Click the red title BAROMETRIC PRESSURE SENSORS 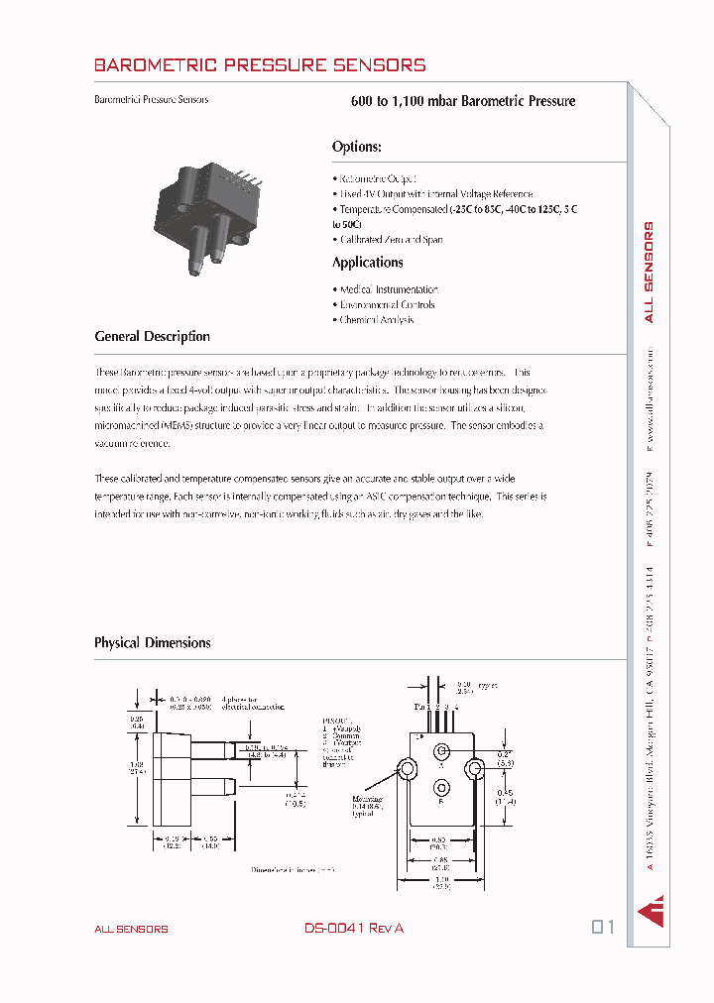[x=260, y=65]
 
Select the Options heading [x=356, y=147]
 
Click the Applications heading [x=367, y=263]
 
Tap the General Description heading [x=152, y=337]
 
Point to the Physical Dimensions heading [x=152, y=643]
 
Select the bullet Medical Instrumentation [x=388, y=290]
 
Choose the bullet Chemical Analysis [x=376, y=320]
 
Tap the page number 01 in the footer [x=603, y=928]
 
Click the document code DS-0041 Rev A [x=354, y=929]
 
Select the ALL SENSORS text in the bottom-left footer [x=131, y=930]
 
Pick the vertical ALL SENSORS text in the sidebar [x=650, y=273]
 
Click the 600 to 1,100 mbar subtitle [x=463, y=101]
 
